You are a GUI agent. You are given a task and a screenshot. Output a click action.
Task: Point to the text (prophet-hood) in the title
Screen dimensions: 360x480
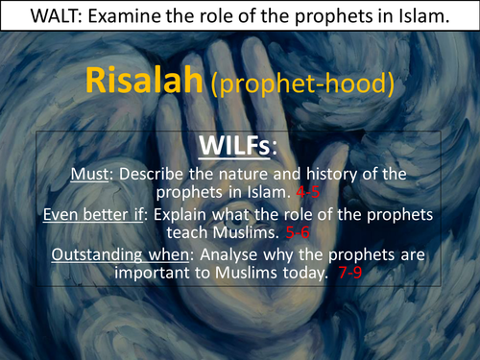click(301, 84)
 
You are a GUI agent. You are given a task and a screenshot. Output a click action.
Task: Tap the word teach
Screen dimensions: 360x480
click(204, 233)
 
